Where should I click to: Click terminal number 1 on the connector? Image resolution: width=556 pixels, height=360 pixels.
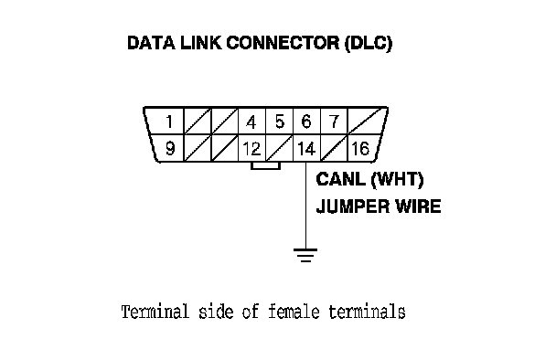click(x=169, y=122)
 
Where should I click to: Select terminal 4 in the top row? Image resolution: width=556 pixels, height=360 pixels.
click(x=251, y=122)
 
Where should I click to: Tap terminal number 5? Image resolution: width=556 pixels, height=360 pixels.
click(x=280, y=122)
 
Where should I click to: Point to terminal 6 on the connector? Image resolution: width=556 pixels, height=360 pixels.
click(x=306, y=122)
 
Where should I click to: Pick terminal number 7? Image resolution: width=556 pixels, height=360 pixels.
click(x=334, y=122)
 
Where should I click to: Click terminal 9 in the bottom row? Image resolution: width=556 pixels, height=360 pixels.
click(x=170, y=148)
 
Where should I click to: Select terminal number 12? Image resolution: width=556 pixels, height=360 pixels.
click(x=251, y=148)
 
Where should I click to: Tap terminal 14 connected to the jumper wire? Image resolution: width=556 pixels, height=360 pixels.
click(x=306, y=148)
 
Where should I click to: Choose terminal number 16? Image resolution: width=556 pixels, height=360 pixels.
click(x=360, y=148)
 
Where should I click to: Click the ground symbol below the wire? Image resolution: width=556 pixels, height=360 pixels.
click(x=305, y=255)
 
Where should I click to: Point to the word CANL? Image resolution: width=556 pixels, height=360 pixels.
click(x=340, y=179)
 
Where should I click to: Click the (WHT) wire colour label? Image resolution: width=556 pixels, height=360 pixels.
click(x=397, y=179)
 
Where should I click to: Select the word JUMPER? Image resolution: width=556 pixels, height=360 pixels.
click(x=353, y=206)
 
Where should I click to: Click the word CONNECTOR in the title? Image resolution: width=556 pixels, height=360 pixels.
click(x=283, y=43)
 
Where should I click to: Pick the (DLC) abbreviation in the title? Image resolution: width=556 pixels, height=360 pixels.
click(x=369, y=44)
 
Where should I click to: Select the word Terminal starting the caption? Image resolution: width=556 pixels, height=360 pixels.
click(x=155, y=312)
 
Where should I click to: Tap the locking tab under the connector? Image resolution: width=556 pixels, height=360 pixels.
click(x=265, y=165)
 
